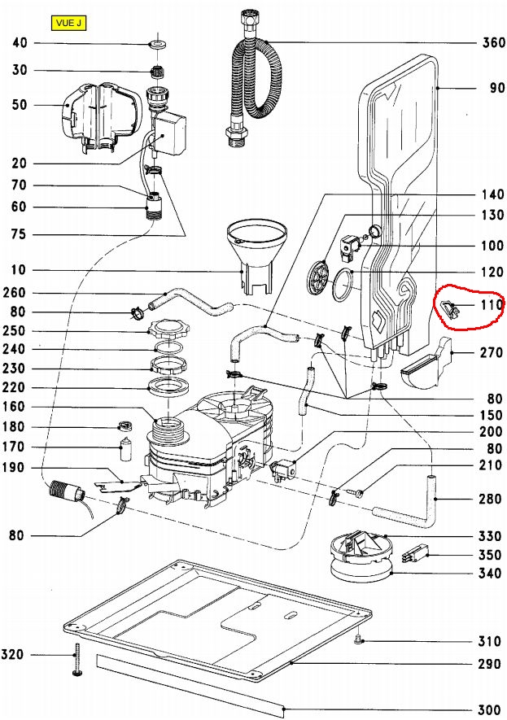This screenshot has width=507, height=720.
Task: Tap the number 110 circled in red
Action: [492, 305]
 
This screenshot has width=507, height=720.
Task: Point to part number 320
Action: [13, 655]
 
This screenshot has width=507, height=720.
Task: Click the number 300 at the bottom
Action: [490, 710]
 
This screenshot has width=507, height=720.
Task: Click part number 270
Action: [492, 353]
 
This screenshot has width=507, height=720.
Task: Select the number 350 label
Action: [490, 556]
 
